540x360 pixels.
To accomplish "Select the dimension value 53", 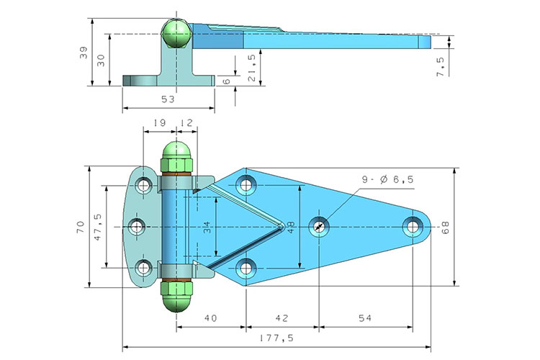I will pos(168,99).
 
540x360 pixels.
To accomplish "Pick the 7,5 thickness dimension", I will pos(440,61).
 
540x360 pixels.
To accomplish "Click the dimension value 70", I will pos(81,227).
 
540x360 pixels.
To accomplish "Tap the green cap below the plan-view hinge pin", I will pos(176,295).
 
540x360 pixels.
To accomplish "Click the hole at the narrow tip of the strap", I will pos(413,226).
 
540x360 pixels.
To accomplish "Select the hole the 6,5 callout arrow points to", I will pos(319,227).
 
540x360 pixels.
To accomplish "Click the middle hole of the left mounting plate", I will pos(138,226).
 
